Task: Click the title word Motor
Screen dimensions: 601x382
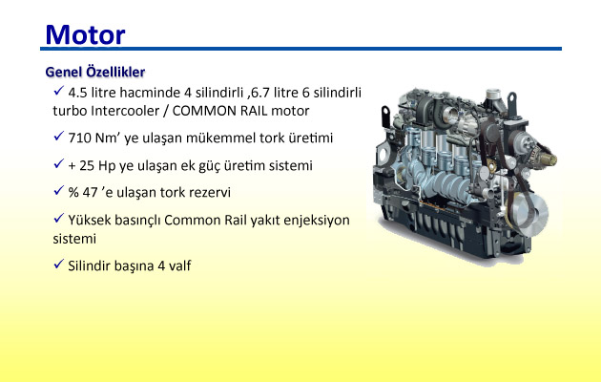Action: click(x=85, y=35)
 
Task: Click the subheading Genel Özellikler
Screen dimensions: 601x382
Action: click(x=95, y=72)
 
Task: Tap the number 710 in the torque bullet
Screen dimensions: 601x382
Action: click(x=79, y=138)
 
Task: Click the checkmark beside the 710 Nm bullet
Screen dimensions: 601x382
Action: click(x=58, y=136)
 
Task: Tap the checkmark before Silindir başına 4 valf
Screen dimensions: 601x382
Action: click(x=58, y=264)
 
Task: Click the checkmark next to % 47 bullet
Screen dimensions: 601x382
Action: click(x=58, y=190)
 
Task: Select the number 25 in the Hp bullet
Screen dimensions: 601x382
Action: click(x=87, y=165)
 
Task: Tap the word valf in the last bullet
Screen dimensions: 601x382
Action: click(x=179, y=265)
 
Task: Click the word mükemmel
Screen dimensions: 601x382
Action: click(x=220, y=138)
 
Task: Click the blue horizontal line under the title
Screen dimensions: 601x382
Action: click(x=300, y=49)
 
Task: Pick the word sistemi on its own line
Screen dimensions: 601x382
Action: click(x=74, y=239)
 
